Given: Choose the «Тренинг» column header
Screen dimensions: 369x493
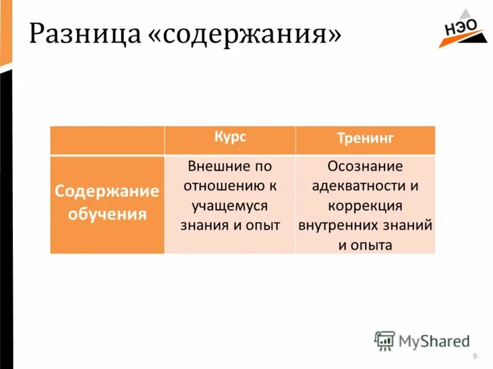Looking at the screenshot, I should [x=365, y=138].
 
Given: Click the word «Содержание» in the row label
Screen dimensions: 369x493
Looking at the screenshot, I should [x=107, y=191].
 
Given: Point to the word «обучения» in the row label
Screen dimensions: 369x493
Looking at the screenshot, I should [x=107, y=215].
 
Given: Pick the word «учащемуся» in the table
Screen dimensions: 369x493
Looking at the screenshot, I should [x=230, y=205].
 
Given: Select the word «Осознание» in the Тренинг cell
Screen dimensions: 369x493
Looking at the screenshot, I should [x=365, y=166].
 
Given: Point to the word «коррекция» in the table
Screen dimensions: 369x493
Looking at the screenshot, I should [x=365, y=205].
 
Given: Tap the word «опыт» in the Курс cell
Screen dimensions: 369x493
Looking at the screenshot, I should [x=265, y=225].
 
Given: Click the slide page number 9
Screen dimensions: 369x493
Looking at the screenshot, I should [x=475, y=357].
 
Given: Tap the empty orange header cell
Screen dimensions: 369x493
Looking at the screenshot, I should [x=107, y=140].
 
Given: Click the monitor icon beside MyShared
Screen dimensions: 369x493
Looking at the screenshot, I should [x=385, y=340].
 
